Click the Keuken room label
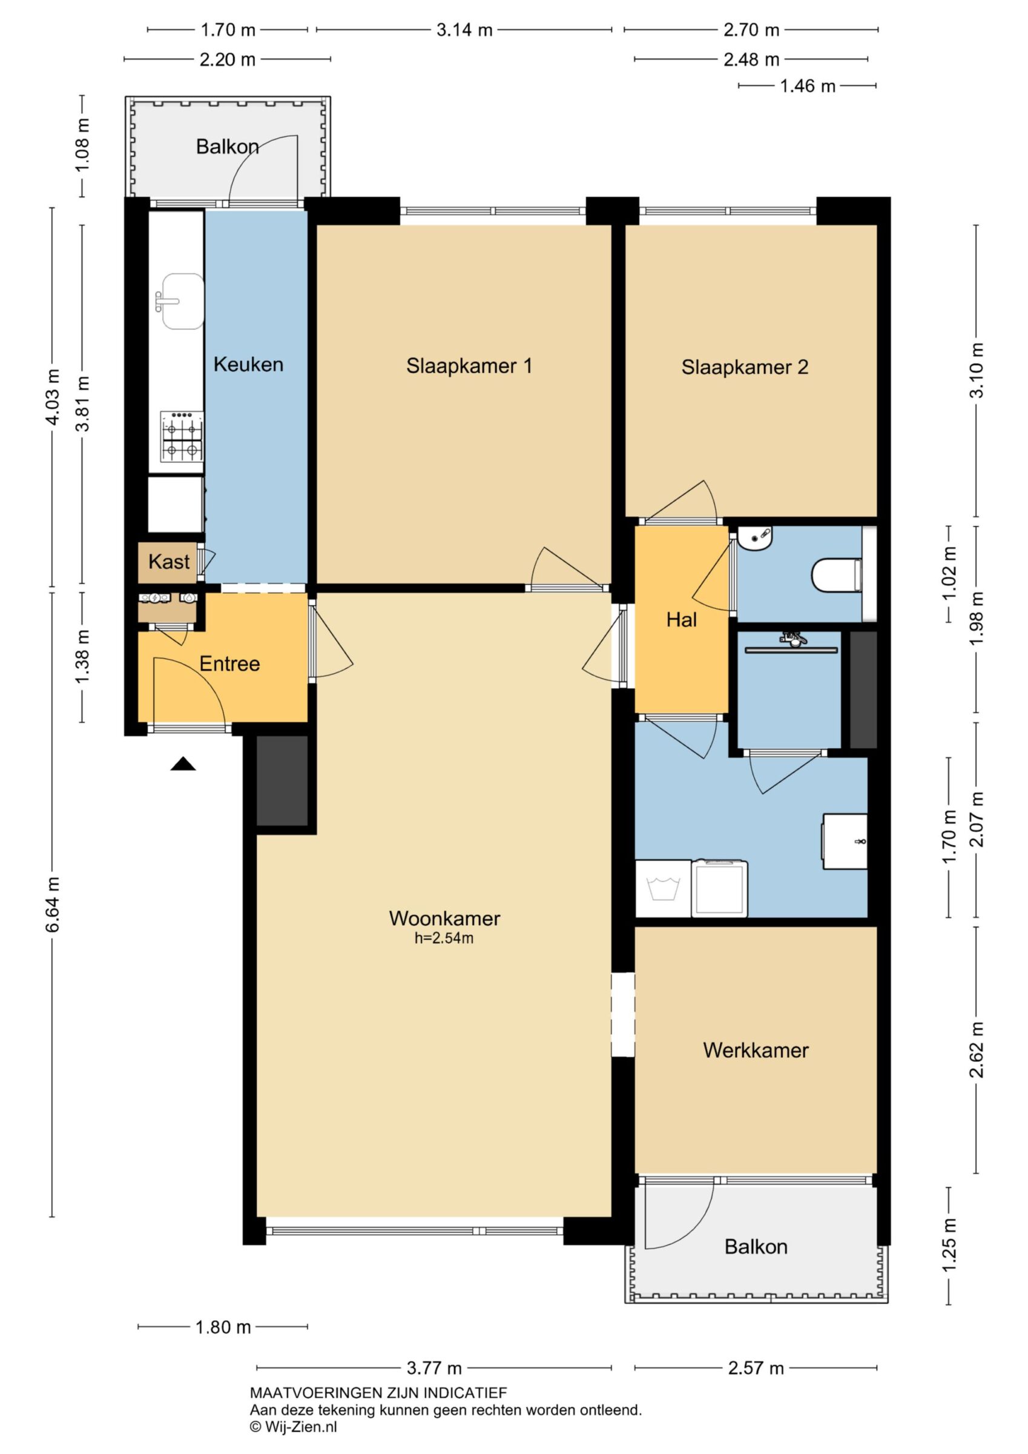pyautogui.click(x=248, y=364)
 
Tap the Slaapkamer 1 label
pyautogui.click(x=469, y=365)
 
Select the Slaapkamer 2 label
pyautogui.click(x=745, y=367)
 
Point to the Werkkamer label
pyautogui.click(x=756, y=1051)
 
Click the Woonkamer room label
pyautogui.click(x=444, y=918)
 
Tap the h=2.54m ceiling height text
pyautogui.click(x=444, y=938)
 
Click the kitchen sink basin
pyautogui.click(x=183, y=302)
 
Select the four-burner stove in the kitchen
pyautogui.click(x=182, y=436)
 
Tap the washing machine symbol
pyautogui.click(x=663, y=888)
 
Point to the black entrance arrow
pyautogui.click(x=183, y=764)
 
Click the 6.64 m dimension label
pyautogui.click(x=53, y=905)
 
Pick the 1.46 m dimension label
pyautogui.click(x=807, y=85)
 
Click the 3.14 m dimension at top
pyautogui.click(x=464, y=30)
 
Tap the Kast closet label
pyautogui.click(x=169, y=562)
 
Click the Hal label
pyautogui.click(x=681, y=620)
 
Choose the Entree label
pyautogui.click(x=230, y=663)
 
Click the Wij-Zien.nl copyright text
pyautogui.click(x=294, y=1426)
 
